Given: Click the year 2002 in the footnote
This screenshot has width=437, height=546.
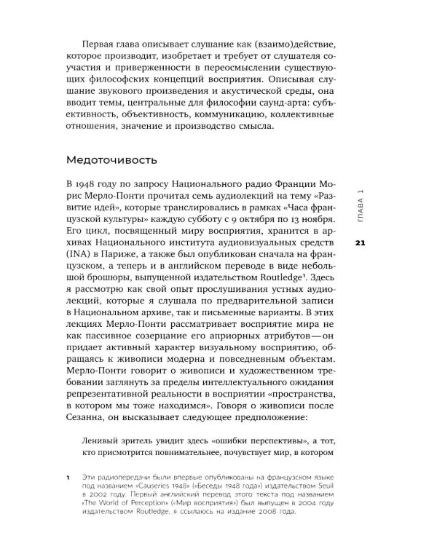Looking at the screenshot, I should click(x=98, y=498).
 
